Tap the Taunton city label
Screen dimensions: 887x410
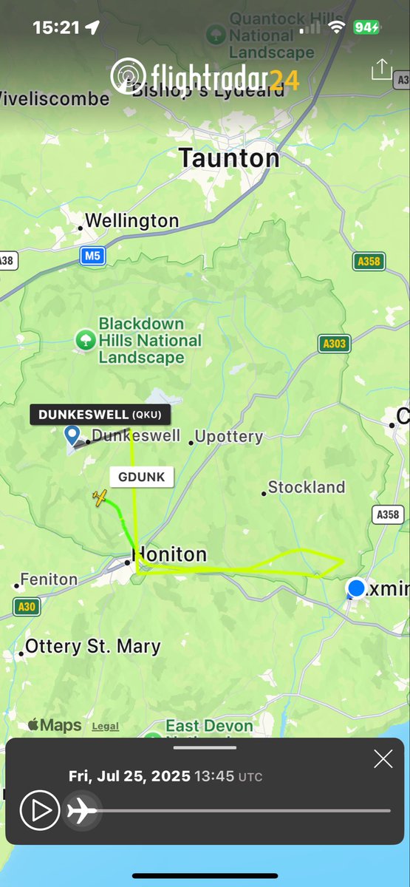click(229, 158)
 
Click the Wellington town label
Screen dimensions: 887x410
click(131, 221)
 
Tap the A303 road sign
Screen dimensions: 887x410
click(335, 343)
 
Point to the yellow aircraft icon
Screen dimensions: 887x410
click(100, 498)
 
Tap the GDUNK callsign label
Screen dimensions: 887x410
click(141, 477)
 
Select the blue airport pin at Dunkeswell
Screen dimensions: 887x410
click(72, 435)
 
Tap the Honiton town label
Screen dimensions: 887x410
click(169, 554)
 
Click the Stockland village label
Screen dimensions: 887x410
click(307, 487)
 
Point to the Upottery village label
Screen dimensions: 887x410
click(229, 436)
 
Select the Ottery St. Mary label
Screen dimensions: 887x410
click(92, 647)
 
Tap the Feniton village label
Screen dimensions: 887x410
click(49, 580)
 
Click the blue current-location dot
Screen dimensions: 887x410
click(357, 588)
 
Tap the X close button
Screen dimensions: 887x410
click(383, 758)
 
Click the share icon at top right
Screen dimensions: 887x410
click(380, 70)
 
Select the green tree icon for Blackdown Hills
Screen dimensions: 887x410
click(86, 340)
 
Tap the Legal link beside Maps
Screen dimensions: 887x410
click(105, 727)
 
